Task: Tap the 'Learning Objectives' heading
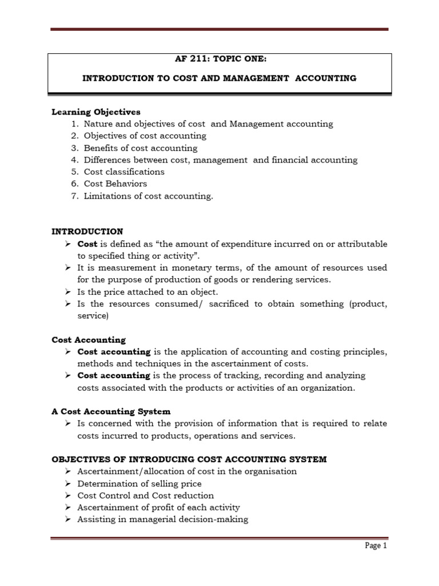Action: pyautogui.click(x=95, y=112)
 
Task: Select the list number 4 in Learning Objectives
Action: pyautogui.click(x=74, y=160)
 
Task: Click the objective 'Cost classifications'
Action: pyautogui.click(x=124, y=172)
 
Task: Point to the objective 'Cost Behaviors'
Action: pyautogui.click(x=115, y=184)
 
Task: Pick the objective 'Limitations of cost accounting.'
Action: pyautogui.click(x=148, y=196)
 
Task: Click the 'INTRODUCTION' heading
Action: pyautogui.click(x=87, y=231)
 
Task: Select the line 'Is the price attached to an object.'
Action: pyautogui.click(x=147, y=292)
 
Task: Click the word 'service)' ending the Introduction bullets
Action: pyautogui.click(x=93, y=315)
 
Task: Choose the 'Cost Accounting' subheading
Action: pyautogui.click(x=89, y=339)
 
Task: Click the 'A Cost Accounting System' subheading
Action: pyautogui.click(x=111, y=411)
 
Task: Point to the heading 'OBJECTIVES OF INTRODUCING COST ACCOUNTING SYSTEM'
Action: pyautogui.click(x=189, y=460)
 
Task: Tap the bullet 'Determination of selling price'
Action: pyautogui.click(x=139, y=484)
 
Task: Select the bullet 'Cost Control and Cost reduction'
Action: pyautogui.click(x=146, y=496)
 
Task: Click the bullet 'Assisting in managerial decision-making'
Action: pyautogui.click(x=163, y=520)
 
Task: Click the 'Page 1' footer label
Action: pyautogui.click(x=376, y=546)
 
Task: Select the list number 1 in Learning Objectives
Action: pyautogui.click(x=74, y=124)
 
